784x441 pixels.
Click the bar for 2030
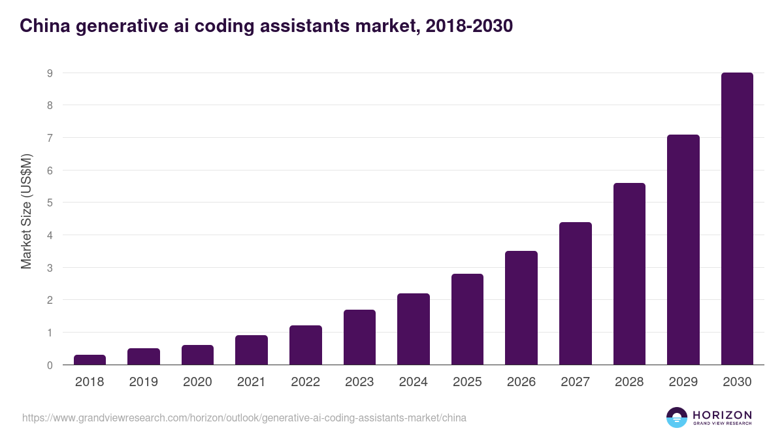pyautogui.click(x=737, y=219)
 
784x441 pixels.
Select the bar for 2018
pyautogui.click(x=90, y=360)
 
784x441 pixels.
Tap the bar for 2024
pyautogui.click(x=414, y=329)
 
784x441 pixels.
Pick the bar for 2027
pyautogui.click(x=576, y=293)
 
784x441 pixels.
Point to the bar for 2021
pyautogui.click(x=252, y=350)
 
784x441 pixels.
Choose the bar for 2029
pyautogui.click(x=683, y=250)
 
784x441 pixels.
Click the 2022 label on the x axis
pyautogui.click(x=305, y=382)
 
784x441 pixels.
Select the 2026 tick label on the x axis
pyautogui.click(x=521, y=382)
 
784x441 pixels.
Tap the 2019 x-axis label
pyautogui.click(x=143, y=382)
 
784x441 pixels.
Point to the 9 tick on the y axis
pyautogui.click(x=50, y=73)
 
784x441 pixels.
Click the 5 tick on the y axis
pyautogui.click(x=50, y=203)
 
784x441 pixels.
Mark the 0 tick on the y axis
pyautogui.click(x=50, y=365)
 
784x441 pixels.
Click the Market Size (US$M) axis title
pyautogui.click(x=26, y=211)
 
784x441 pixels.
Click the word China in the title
pyautogui.click(x=41, y=26)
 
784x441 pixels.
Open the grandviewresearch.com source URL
pyautogui.click(x=244, y=417)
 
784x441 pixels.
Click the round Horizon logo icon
pyautogui.click(x=676, y=417)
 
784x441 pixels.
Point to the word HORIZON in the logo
pyautogui.click(x=722, y=414)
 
